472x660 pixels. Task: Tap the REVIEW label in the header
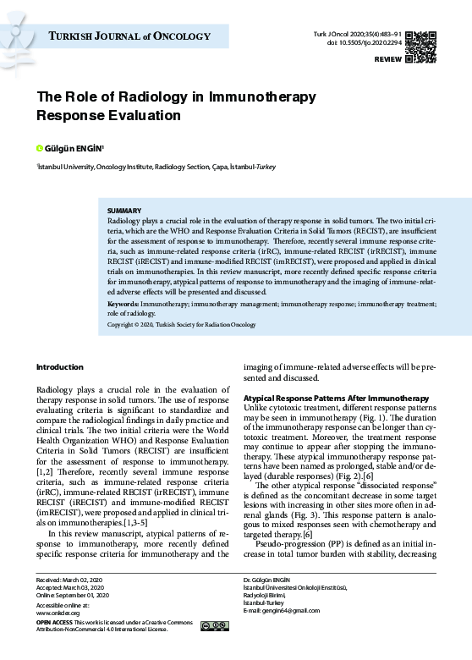tap(387, 62)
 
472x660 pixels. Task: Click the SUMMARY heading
tap(124, 210)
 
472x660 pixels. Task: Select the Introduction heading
tap(59, 366)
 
